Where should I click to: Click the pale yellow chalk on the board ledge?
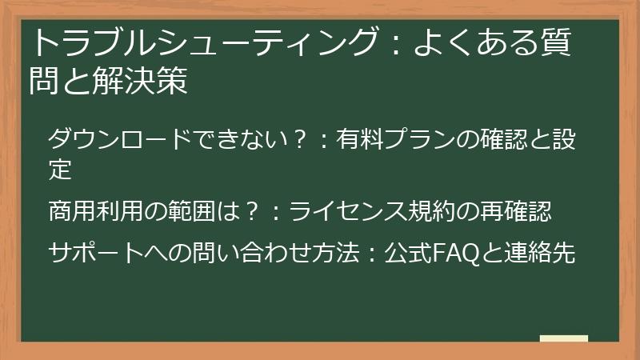[x=563, y=338]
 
